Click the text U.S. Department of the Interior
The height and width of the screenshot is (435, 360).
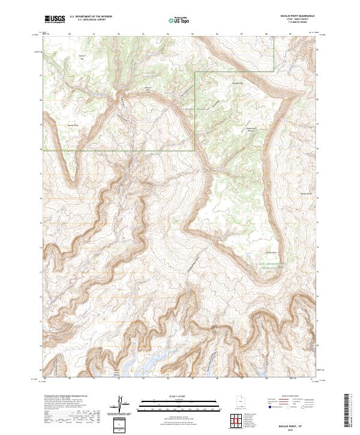pos(91,17)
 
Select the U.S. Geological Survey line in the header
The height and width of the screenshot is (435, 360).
pos(91,20)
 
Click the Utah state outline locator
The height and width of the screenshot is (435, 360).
pos(236,400)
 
